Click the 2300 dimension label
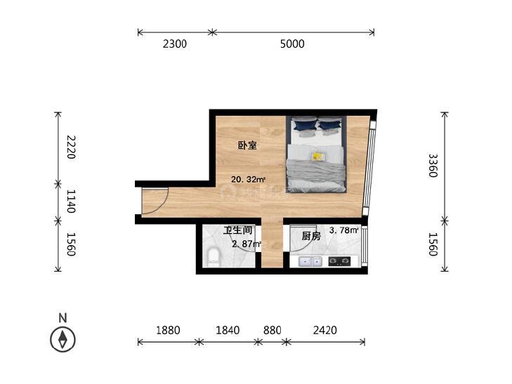(x=175, y=44)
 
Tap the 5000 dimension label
(x=292, y=44)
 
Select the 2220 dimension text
(x=71, y=147)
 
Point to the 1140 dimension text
(x=71, y=201)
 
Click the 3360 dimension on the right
(x=433, y=166)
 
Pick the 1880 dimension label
(x=168, y=330)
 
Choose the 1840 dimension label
(x=228, y=330)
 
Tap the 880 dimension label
(x=273, y=330)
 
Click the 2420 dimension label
(x=325, y=330)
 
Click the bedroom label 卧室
(x=247, y=145)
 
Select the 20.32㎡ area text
(x=248, y=179)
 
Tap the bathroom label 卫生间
(x=237, y=230)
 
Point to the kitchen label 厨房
(x=311, y=236)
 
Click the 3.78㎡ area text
(x=344, y=230)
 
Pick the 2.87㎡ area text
(x=247, y=244)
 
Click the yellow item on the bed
(x=317, y=157)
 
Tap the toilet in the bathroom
(x=214, y=258)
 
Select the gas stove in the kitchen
(x=339, y=261)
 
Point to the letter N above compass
(x=63, y=318)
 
